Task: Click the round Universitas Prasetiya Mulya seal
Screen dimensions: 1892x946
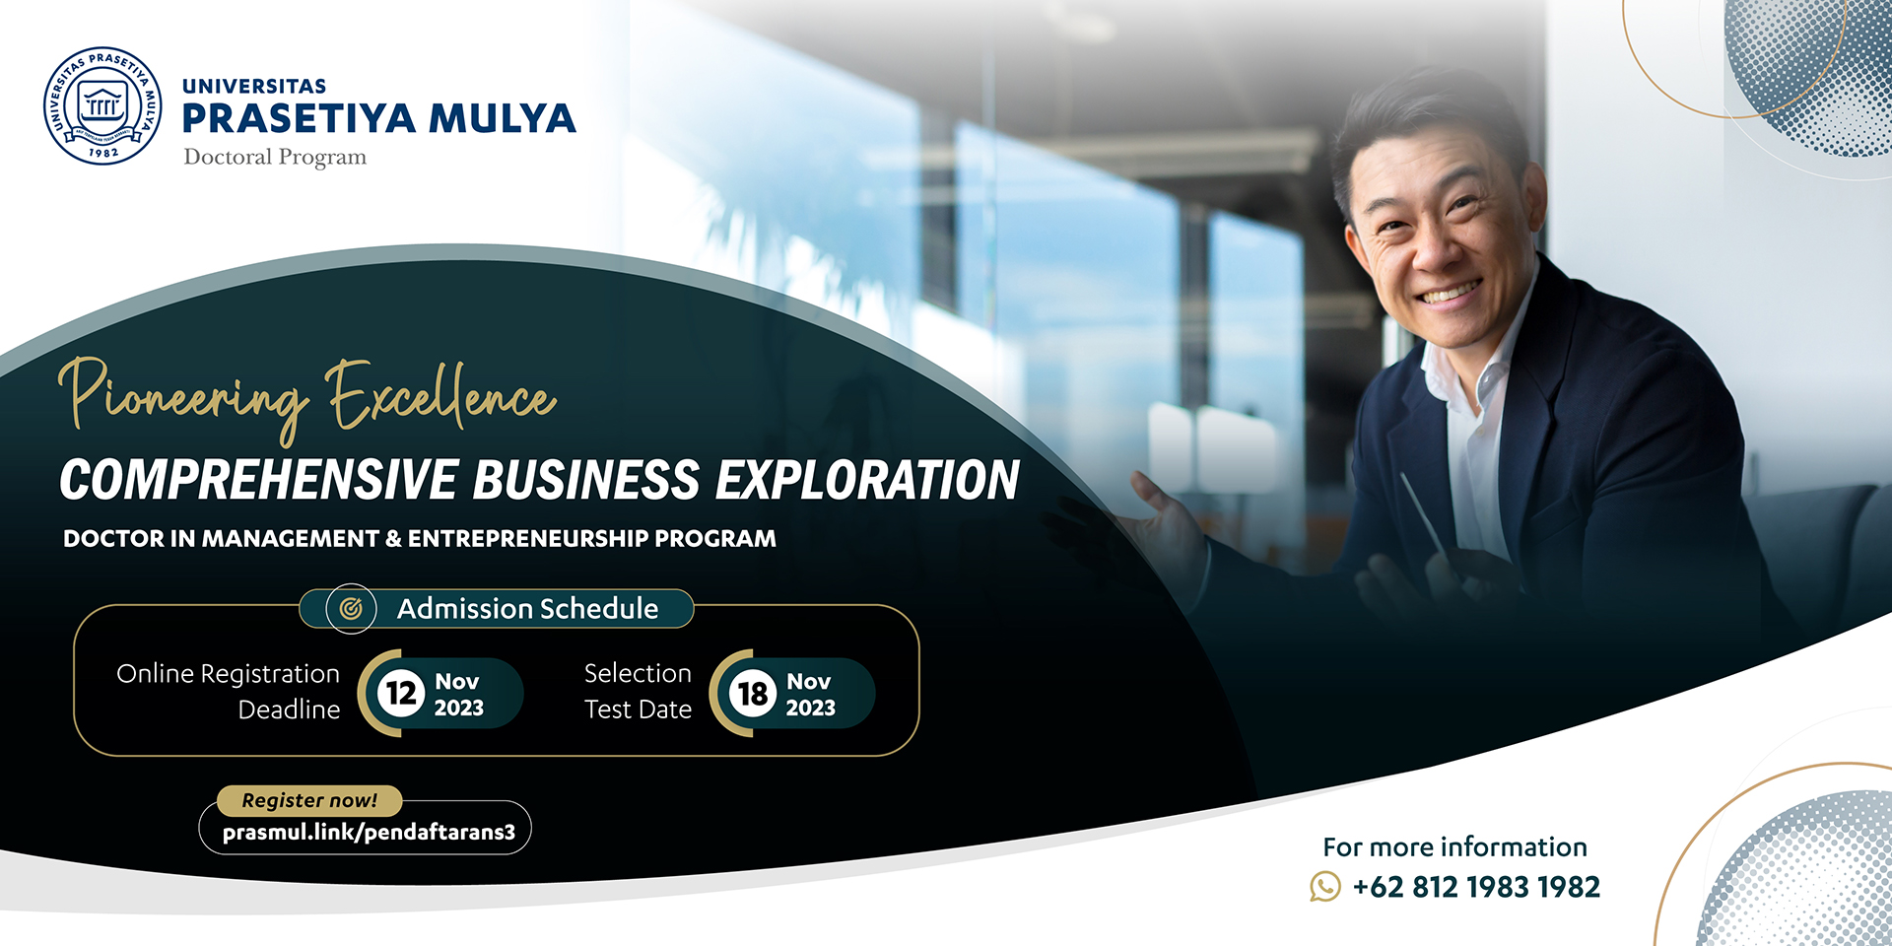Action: tap(102, 105)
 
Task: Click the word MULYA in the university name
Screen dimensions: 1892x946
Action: tap(502, 118)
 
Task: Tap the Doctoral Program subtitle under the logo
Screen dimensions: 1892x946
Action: tap(275, 158)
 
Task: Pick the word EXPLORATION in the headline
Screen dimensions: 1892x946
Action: tap(867, 480)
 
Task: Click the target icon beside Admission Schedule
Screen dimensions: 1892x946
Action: tap(351, 609)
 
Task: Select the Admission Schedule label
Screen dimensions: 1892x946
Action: tap(527, 609)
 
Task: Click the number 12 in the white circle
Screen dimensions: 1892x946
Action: tap(401, 693)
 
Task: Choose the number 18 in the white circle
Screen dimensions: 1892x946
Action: tap(753, 693)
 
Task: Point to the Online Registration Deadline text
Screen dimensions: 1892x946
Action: tap(229, 692)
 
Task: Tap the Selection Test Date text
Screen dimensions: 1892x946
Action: tap(638, 692)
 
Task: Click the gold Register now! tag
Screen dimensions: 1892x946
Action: tap(309, 800)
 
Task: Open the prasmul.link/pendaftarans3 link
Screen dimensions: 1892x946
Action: tap(369, 833)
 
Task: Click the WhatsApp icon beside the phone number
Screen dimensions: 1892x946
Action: tap(1325, 887)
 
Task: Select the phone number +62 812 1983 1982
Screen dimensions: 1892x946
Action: tap(1476, 887)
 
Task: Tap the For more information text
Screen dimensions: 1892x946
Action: tap(1454, 847)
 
